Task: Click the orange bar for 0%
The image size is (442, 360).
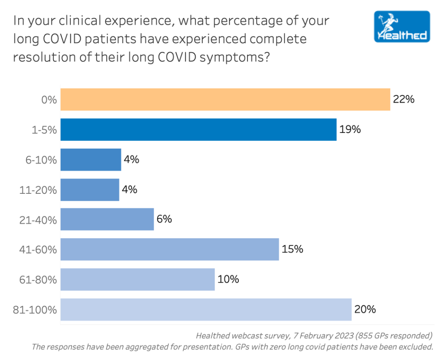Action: [x=225, y=100]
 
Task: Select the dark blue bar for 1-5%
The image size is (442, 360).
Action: [x=198, y=129]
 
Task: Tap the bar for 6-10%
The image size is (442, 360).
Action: [x=91, y=160]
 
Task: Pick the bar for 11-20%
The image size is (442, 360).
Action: [x=90, y=189]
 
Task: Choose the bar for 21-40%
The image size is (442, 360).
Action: [x=107, y=219]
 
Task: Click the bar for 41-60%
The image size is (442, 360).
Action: [x=170, y=249]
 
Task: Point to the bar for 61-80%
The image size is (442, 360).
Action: [x=137, y=279]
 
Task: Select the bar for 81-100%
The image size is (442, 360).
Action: [x=206, y=309]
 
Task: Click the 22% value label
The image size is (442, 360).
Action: [x=404, y=99]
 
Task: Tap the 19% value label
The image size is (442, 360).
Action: [x=350, y=129]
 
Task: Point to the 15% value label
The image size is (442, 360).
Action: [x=292, y=249]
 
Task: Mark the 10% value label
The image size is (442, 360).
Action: [x=228, y=279]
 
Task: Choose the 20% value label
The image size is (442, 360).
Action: [x=365, y=309]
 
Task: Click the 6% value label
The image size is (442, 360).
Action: [x=164, y=219]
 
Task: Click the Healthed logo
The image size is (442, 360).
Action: [x=402, y=26]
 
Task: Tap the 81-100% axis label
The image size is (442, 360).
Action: [x=38, y=310]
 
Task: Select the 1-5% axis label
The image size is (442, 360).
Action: [x=44, y=129]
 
